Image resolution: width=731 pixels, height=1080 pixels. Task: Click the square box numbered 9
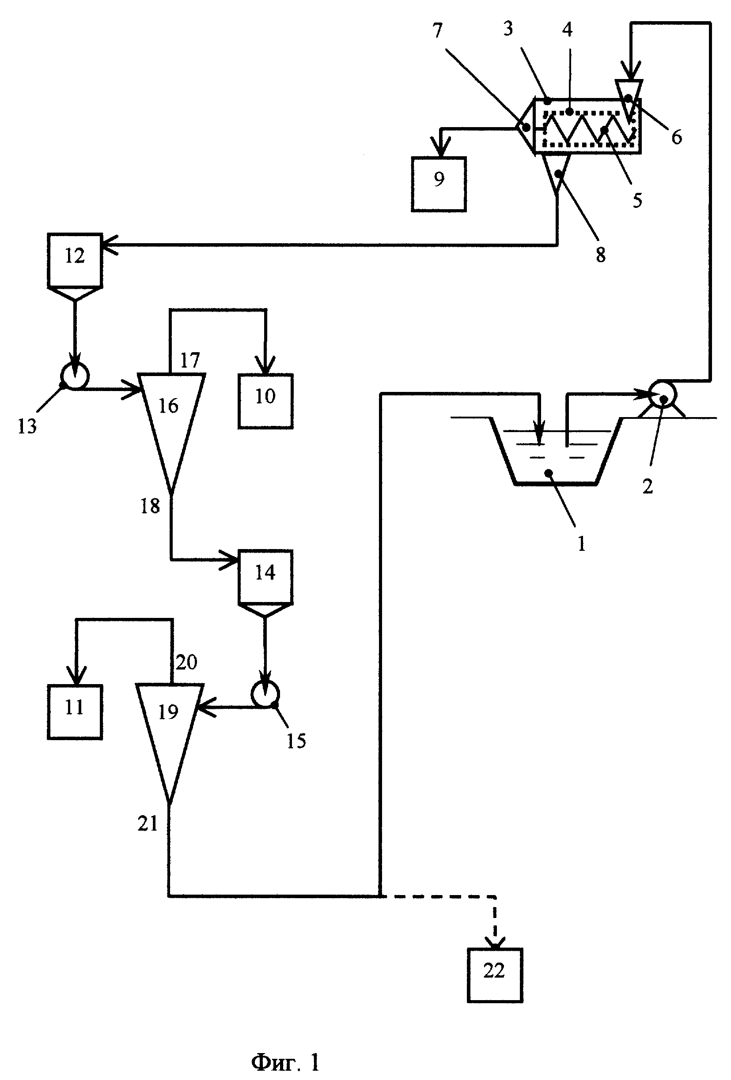coord(438,184)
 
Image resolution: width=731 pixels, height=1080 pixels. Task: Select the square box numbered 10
coord(265,401)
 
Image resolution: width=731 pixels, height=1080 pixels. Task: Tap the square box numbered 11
coord(74,711)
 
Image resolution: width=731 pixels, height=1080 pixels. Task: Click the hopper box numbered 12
coord(74,260)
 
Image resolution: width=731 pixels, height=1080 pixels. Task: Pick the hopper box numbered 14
coord(265,577)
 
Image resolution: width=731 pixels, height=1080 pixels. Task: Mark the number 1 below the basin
coord(581,544)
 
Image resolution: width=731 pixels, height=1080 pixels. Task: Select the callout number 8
coord(600,255)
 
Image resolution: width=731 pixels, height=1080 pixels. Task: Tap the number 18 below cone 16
coord(150,506)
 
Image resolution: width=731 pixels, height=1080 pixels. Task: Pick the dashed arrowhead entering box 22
coord(495,942)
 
